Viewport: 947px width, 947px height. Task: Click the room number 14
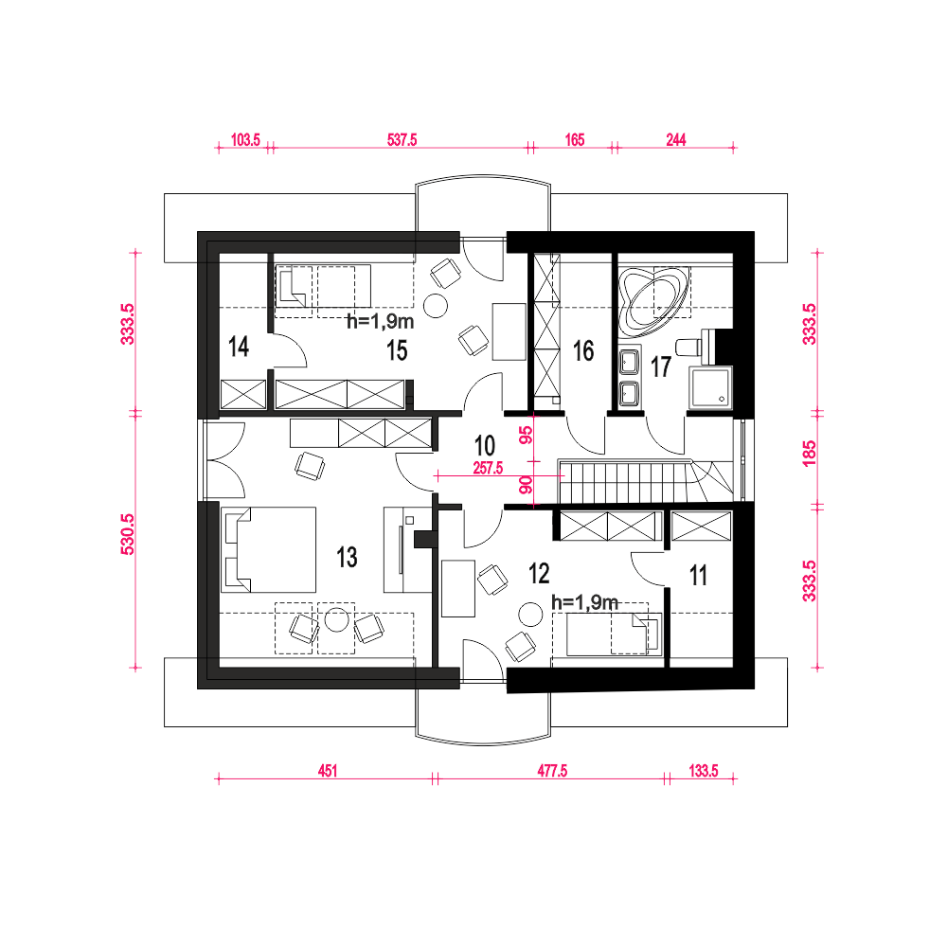coord(239,347)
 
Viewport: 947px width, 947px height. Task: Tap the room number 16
coord(583,351)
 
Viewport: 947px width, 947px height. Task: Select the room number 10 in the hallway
coord(485,446)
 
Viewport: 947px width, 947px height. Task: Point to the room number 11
coord(698,576)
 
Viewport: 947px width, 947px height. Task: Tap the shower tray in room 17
coord(711,387)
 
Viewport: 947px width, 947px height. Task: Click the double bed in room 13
coord(269,549)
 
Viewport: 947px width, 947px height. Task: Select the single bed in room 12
coord(614,634)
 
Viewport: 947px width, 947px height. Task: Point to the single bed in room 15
coord(323,286)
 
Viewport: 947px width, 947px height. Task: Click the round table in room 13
coord(337,620)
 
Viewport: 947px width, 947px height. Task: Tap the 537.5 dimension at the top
coord(402,140)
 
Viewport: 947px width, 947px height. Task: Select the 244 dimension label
coord(676,140)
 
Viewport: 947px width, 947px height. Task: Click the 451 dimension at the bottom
coord(328,771)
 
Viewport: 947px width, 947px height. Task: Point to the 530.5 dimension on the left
coord(128,534)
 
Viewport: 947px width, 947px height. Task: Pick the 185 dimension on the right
coord(810,454)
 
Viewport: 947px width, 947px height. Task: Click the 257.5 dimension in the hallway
coord(488,468)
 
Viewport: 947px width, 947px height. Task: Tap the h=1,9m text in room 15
coord(381,321)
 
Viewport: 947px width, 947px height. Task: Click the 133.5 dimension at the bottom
coord(704,771)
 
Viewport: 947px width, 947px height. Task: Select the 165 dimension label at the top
coord(575,140)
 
